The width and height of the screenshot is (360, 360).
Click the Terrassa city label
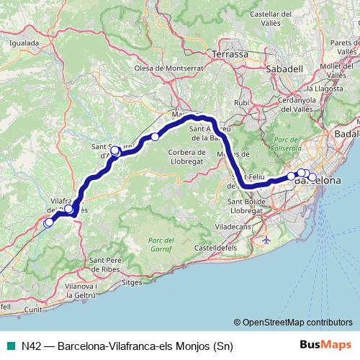click(x=230, y=54)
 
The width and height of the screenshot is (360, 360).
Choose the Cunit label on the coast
click(x=33, y=308)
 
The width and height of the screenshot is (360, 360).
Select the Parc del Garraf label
click(x=161, y=244)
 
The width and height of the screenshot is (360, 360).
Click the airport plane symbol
click(x=267, y=238)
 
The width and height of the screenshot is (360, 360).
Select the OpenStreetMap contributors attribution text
click(x=293, y=323)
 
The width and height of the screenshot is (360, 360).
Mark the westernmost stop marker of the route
click(x=48, y=224)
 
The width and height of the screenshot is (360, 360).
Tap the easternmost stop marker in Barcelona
click(x=312, y=176)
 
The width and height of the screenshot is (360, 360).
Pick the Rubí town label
click(x=241, y=103)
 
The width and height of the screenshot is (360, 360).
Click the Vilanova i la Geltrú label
click(x=70, y=290)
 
